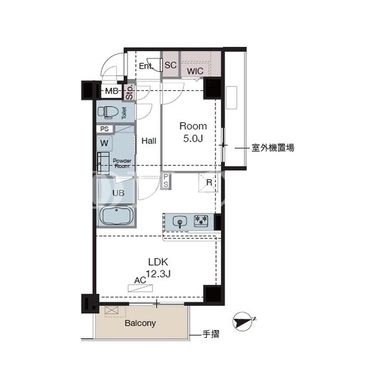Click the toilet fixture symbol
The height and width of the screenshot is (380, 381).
[x=108, y=112]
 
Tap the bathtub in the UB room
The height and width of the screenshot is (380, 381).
[x=117, y=215]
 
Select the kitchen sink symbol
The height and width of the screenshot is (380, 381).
[x=180, y=222]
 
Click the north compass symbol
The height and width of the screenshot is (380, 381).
[x=243, y=322]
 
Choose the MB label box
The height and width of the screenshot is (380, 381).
[x=111, y=91]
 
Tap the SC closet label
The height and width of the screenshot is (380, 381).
[x=171, y=65]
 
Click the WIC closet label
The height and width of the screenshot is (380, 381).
[x=195, y=71]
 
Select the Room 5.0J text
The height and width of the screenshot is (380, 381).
[x=193, y=132]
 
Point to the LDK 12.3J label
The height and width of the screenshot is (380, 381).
[x=158, y=268]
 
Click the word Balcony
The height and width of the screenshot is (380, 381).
[x=140, y=324]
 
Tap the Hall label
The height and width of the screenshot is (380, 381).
[x=149, y=141]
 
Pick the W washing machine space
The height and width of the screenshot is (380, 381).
[x=105, y=143]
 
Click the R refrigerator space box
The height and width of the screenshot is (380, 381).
[x=208, y=183]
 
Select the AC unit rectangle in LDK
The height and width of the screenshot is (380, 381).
[x=140, y=288]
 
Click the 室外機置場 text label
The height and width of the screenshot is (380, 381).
[x=273, y=147]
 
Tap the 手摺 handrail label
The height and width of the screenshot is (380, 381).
[x=211, y=334]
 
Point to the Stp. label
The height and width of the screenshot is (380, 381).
[x=130, y=92]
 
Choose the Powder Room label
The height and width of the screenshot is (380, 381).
[x=122, y=164]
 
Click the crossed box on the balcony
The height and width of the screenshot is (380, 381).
[x=111, y=310]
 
